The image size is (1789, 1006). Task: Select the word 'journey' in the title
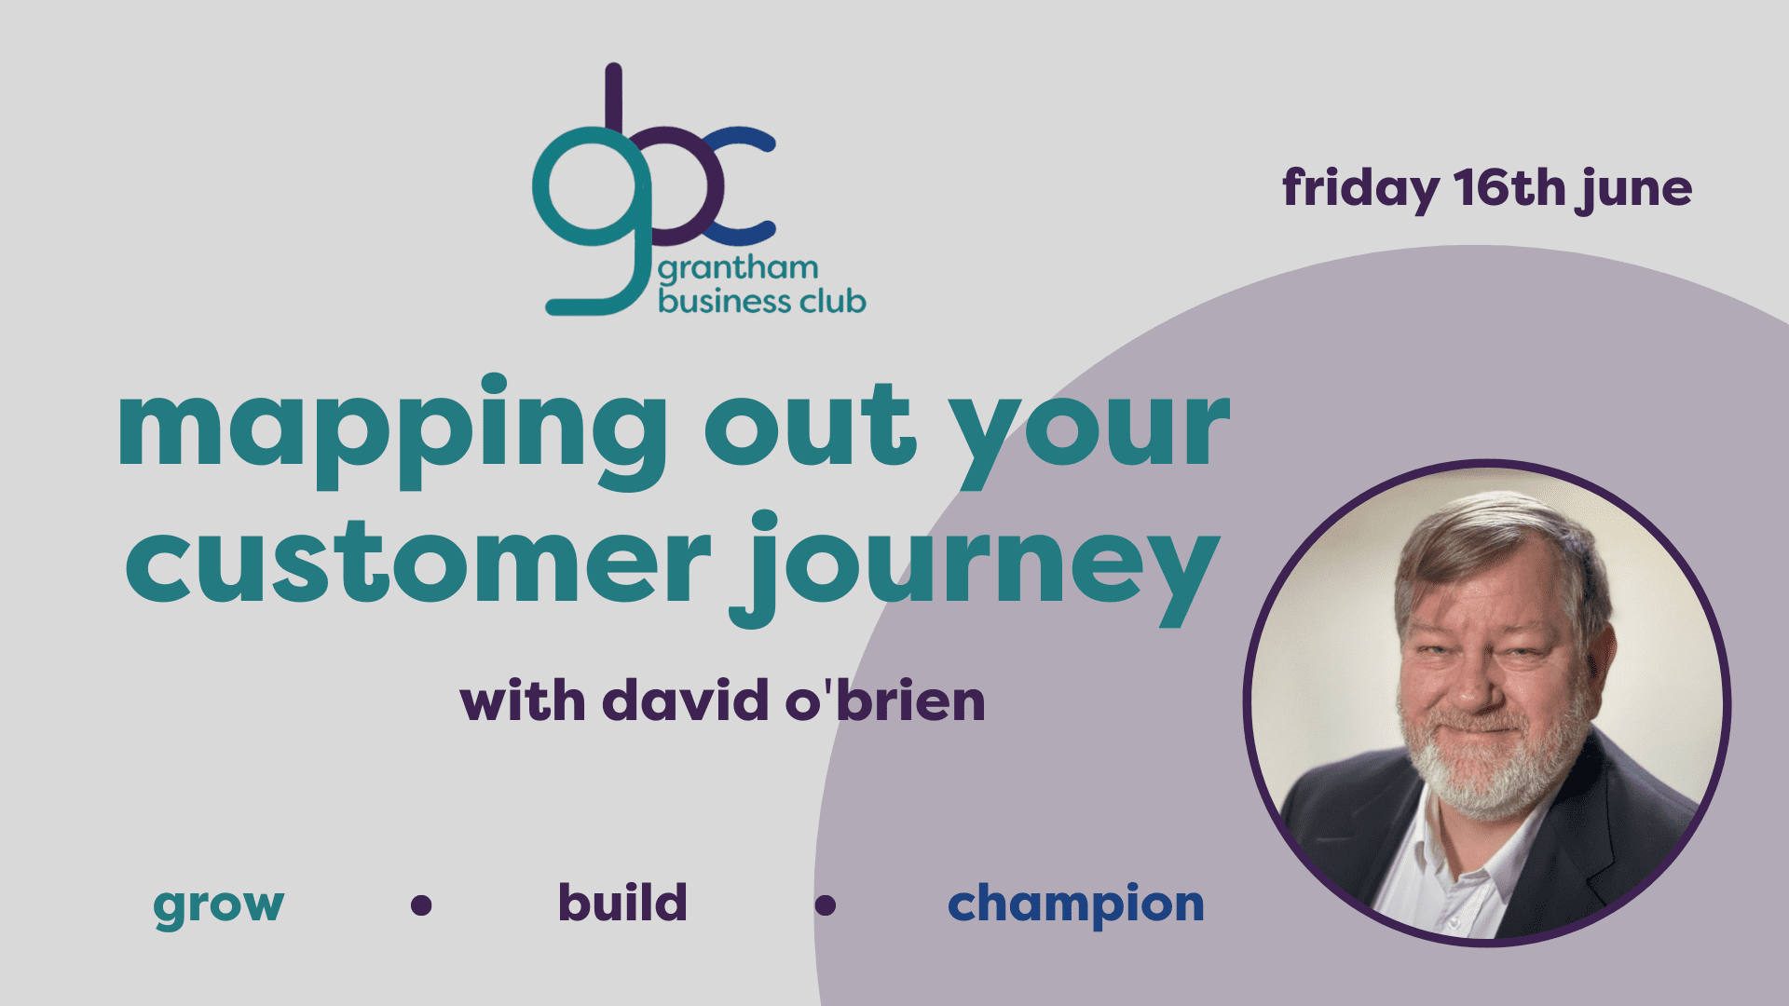(x=975, y=569)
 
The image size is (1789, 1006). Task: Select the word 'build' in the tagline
(x=622, y=902)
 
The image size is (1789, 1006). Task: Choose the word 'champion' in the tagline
(x=1076, y=904)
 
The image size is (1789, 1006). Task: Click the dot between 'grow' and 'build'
(x=421, y=904)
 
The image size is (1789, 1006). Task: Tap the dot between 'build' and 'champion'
(x=825, y=904)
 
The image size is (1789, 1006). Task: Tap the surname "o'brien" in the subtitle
(x=885, y=700)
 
